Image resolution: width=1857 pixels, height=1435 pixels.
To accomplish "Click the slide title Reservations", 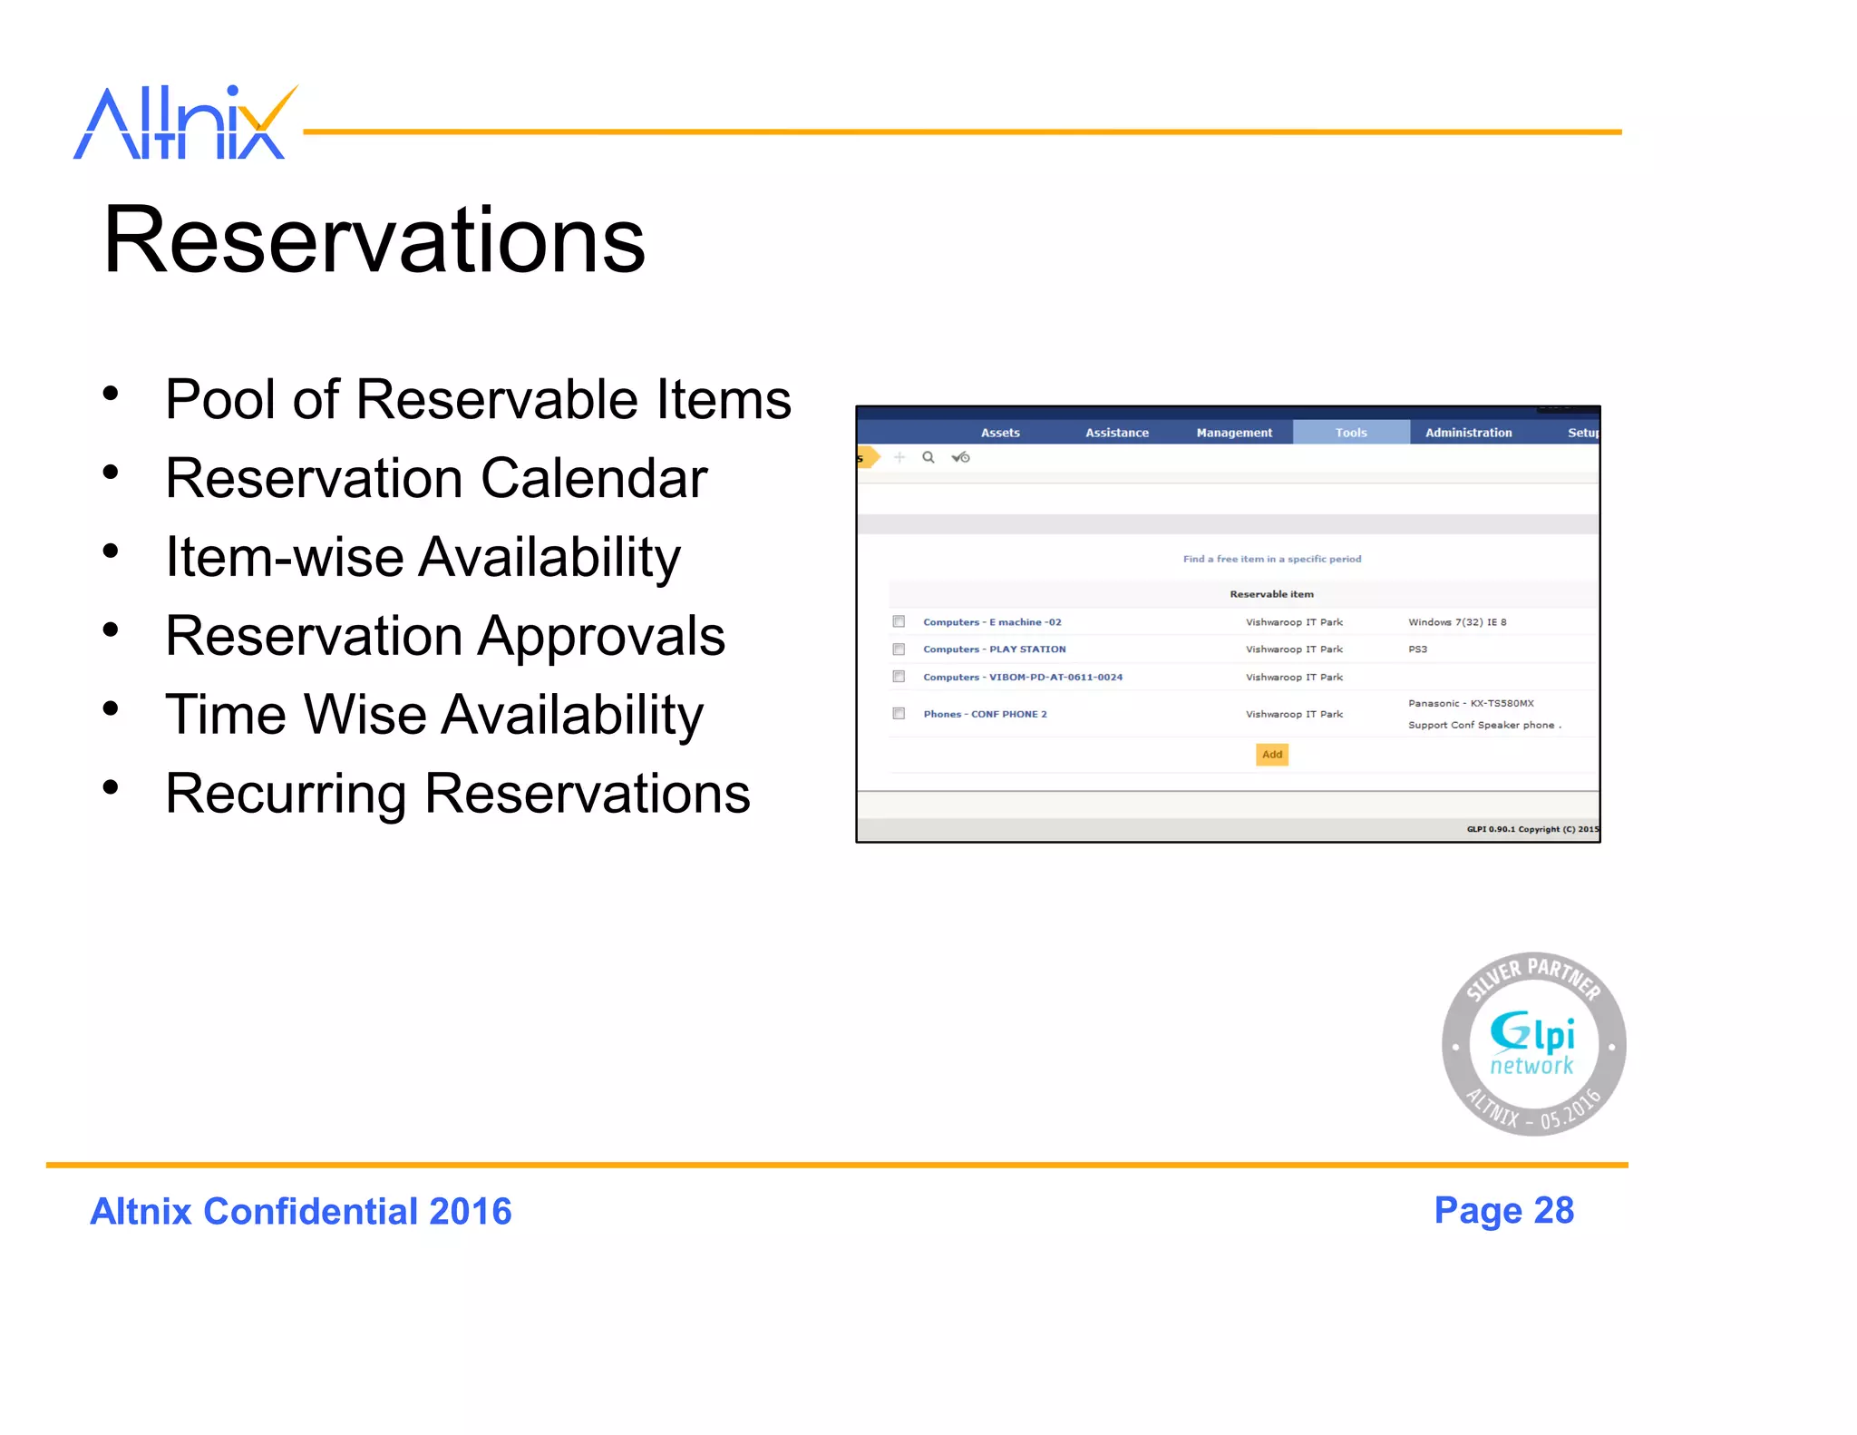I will click(x=374, y=240).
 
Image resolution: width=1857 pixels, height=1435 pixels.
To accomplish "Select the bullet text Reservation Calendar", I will click(x=435, y=478).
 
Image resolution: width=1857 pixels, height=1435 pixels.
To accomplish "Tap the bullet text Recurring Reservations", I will click(x=457, y=794).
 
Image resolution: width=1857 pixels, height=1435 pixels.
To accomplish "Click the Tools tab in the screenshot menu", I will click(x=1350, y=433).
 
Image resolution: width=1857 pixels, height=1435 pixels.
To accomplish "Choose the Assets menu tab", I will click(x=1000, y=433).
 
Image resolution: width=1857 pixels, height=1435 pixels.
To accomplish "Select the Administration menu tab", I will click(x=1468, y=433).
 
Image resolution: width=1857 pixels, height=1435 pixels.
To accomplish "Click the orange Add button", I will click(x=1271, y=755).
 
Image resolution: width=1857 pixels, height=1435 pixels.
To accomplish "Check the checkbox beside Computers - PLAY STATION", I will click(x=899, y=649).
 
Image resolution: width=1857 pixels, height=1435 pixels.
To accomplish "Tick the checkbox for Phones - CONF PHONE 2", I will click(x=899, y=714).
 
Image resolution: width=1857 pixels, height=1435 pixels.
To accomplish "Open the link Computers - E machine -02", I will click(x=992, y=622).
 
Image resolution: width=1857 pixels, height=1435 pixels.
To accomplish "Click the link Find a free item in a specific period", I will click(x=1271, y=559).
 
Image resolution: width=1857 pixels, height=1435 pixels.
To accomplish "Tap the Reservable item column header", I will click(x=1271, y=594).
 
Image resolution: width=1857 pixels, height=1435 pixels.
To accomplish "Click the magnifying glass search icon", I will click(x=928, y=457).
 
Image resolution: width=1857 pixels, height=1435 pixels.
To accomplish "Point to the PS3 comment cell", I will click(x=1417, y=649).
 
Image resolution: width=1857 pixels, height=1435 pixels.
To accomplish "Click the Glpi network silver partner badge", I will click(x=1533, y=1044).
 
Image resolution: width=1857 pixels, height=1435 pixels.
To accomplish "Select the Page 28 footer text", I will click(x=1503, y=1211).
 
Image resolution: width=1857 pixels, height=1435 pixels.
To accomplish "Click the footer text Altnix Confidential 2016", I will click(x=301, y=1212).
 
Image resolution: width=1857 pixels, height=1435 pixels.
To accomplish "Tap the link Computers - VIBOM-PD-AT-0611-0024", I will click(x=1023, y=678).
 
